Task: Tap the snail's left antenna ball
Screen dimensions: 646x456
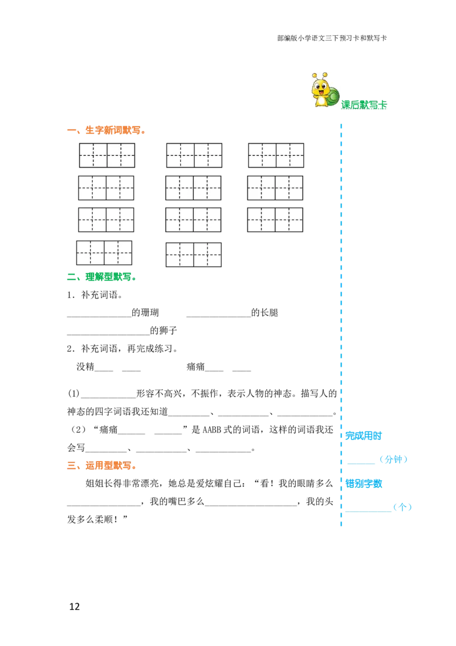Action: coord(315,75)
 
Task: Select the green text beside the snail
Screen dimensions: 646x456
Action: coord(364,104)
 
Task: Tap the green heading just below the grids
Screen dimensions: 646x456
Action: coord(101,278)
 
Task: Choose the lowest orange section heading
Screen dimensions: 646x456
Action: coord(101,466)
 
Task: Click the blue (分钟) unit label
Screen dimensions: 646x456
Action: coord(394,459)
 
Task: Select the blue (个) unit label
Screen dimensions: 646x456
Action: coord(404,507)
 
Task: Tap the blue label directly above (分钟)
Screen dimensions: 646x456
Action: coord(364,436)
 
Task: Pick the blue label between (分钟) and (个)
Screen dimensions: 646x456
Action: coord(364,483)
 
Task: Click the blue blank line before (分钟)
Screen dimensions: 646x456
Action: coord(362,463)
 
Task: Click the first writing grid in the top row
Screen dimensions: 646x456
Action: coord(107,155)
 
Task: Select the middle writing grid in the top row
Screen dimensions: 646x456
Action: coord(194,155)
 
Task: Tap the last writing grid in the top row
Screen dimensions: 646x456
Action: coord(276,155)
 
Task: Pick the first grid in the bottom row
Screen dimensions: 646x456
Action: coord(104,252)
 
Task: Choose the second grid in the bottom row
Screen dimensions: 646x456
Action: coord(194,255)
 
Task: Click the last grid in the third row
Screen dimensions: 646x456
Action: coord(275,220)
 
